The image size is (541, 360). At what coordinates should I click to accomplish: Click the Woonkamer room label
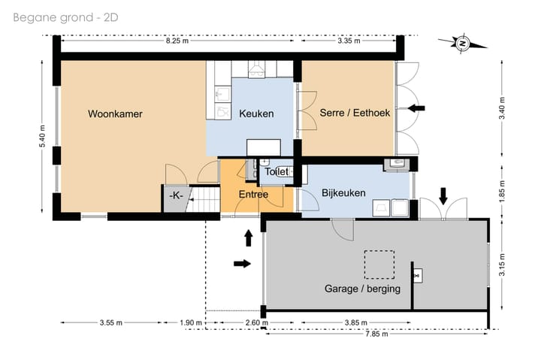click(x=115, y=114)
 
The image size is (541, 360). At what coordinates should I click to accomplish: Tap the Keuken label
click(x=256, y=113)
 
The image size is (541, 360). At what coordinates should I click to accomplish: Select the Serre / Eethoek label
click(x=355, y=113)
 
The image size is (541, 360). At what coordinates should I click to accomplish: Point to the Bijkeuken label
click(x=343, y=193)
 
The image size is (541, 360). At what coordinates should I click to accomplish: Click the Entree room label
click(x=253, y=195)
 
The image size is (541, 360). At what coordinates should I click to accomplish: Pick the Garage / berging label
click(x=362, y=289)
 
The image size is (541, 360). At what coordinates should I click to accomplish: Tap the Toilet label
click(x=277, y=171)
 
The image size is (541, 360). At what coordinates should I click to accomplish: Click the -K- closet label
click(x=176, y=195)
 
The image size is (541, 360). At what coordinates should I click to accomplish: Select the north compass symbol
click(x=462, y=44)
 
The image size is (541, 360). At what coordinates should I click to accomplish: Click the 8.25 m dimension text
click(x=177, y=41)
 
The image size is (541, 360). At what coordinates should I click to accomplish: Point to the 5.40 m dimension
click(x=42, y=135)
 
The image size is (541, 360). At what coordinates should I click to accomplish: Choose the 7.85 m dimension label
click(x=376, y=334)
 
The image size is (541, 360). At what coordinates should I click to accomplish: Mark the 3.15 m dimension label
click(x=502, y=265)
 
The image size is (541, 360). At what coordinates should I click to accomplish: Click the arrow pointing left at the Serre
click(x=416, y=108)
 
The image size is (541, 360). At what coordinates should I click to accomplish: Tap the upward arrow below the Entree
click(x=249, y=237)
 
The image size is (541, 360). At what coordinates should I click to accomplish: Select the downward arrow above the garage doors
click(x=443, y=196)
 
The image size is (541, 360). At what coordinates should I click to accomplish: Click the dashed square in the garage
click(x=379, y=265)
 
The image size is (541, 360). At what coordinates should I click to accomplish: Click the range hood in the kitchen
click(x=255, y=68)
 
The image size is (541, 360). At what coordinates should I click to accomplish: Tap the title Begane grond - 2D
click(x=65, y=17)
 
